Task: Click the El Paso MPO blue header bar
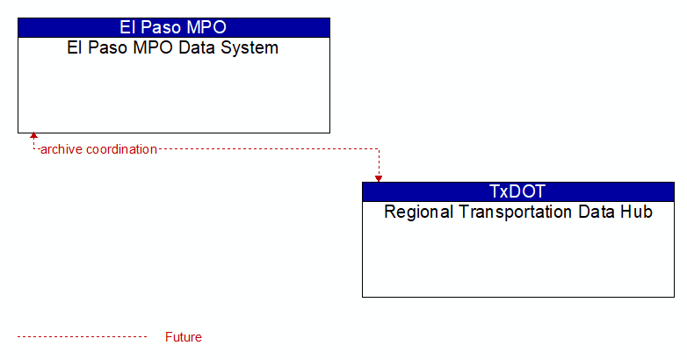coord(174,27)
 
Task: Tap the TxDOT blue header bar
coord(518,191)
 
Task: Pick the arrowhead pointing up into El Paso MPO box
coord(33,135)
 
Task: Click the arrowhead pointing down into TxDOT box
coord(379,179)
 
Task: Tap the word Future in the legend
coord(183,337)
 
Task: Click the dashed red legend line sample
coord(82,337)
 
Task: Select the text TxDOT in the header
coord(517,191)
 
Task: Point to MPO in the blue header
coord(206,27)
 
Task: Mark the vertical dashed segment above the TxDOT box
coord(379,162)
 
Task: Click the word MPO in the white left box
coord(154,47)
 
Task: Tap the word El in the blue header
coord(127,27)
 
